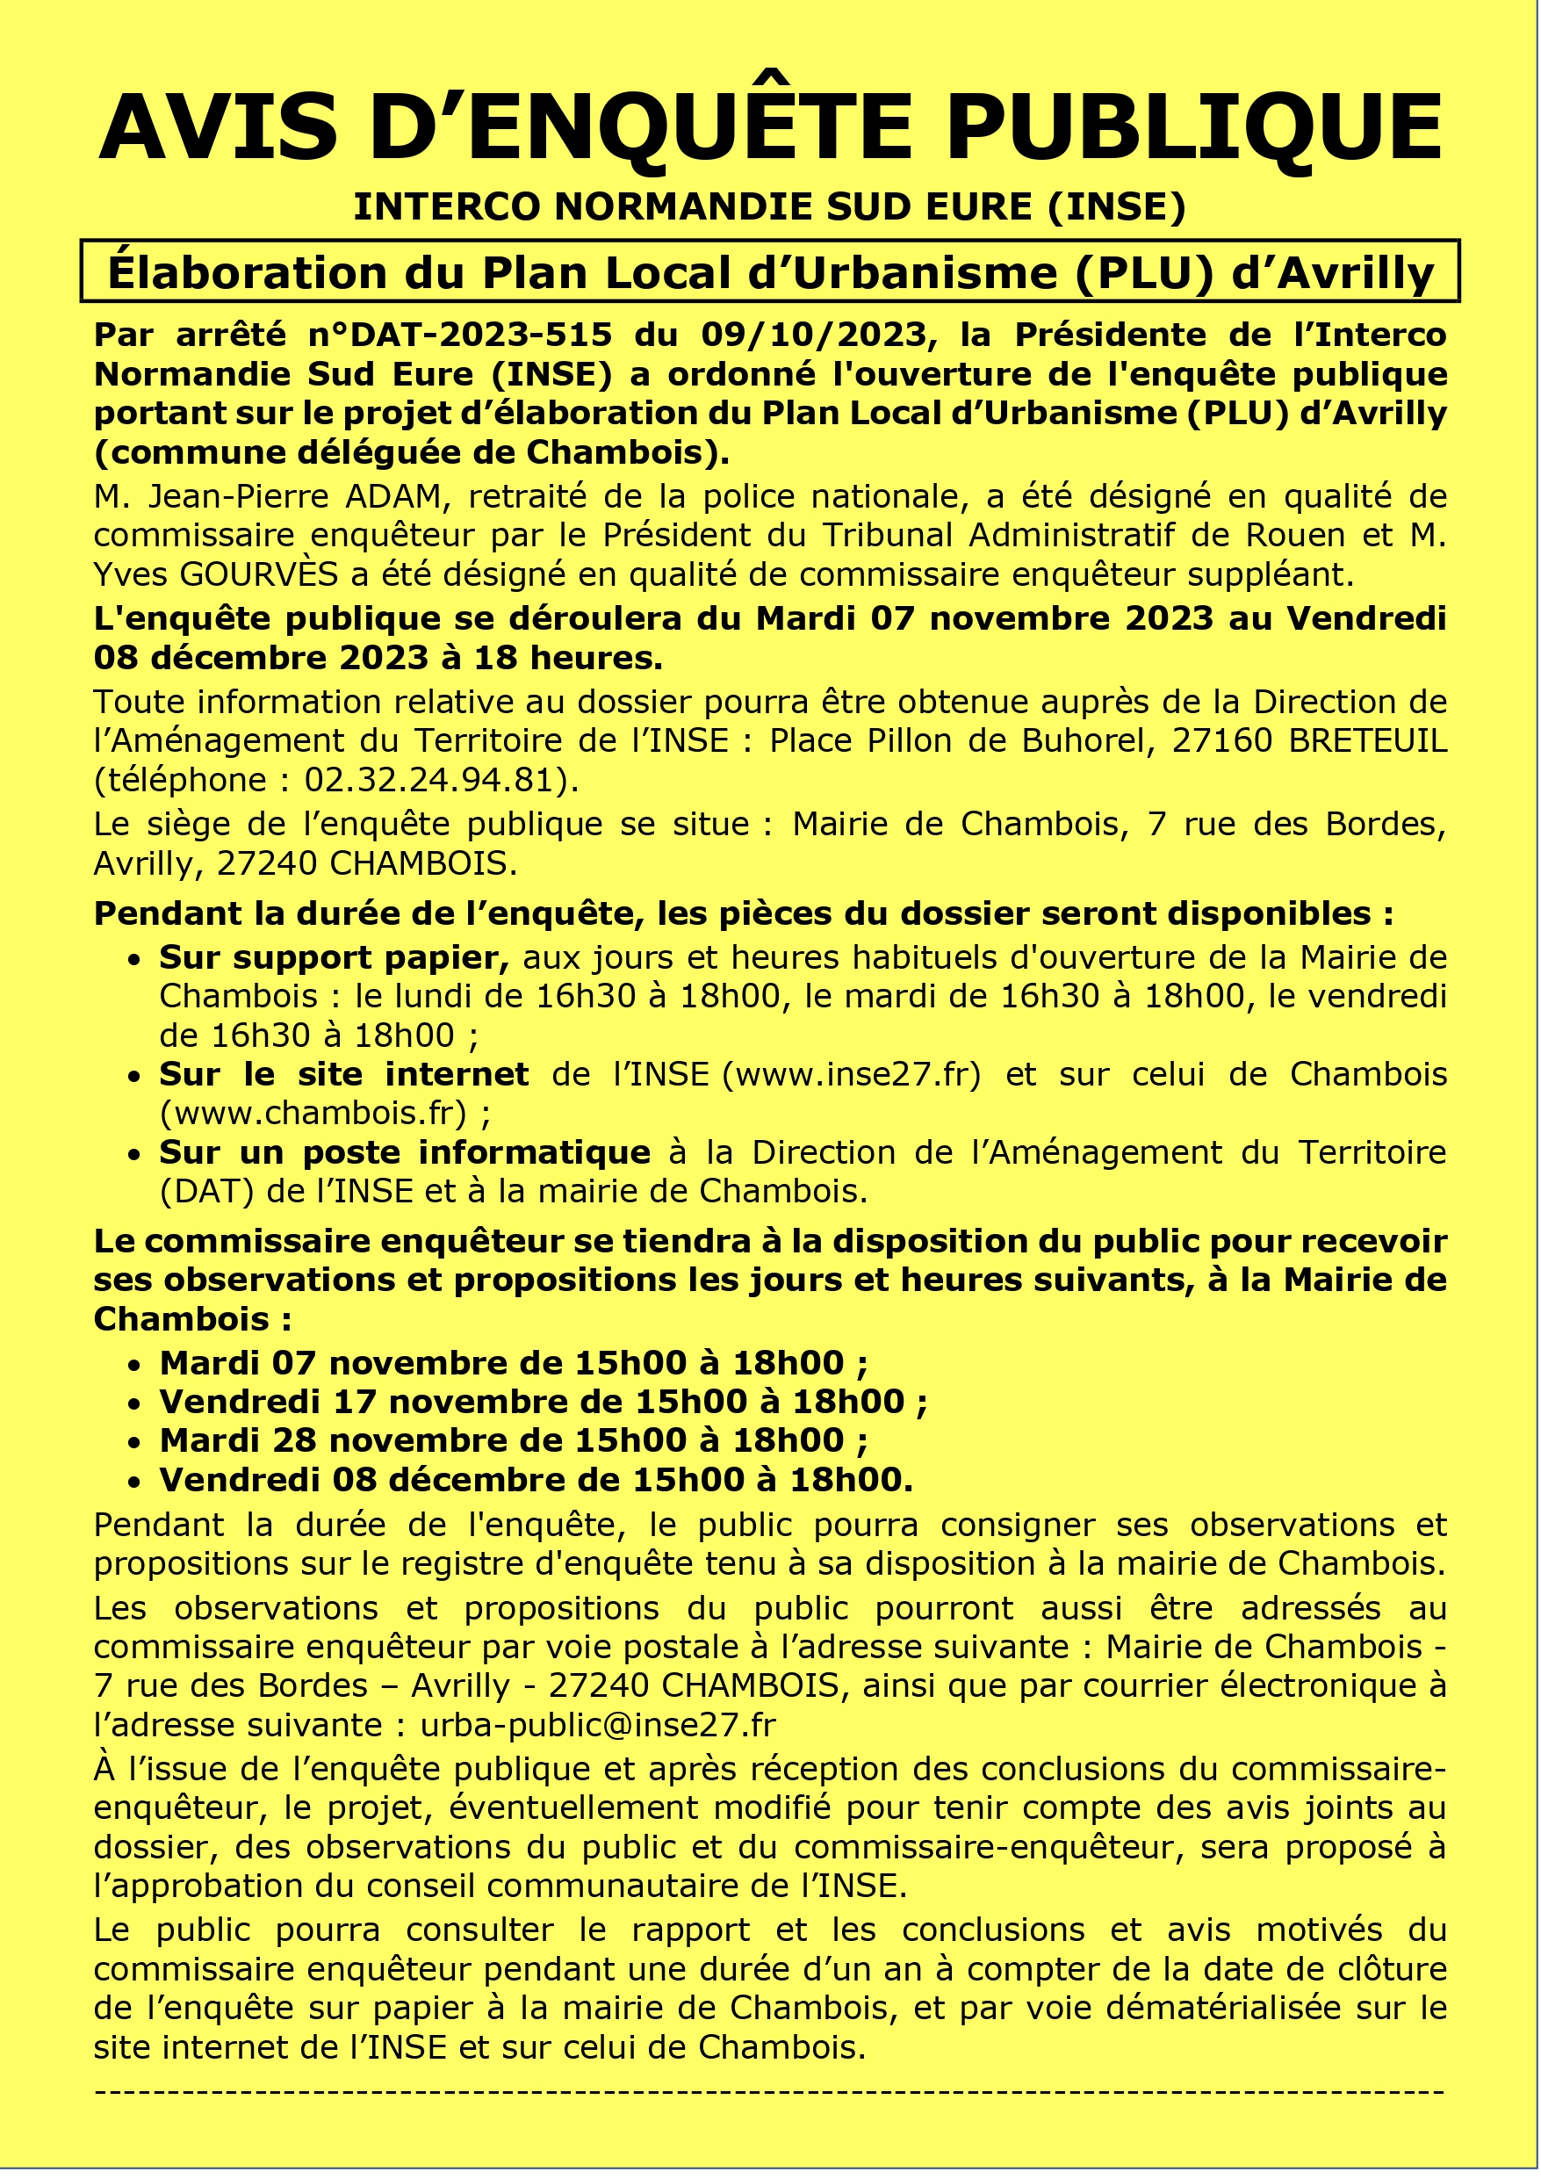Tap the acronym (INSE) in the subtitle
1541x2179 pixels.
coord(1116,207)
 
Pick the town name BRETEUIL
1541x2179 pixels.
coord(1367,740)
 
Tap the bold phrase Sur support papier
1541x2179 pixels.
coord(333,957)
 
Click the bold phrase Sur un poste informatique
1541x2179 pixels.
coord(404,1152)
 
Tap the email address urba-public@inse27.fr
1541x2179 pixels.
coord(598,1725)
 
